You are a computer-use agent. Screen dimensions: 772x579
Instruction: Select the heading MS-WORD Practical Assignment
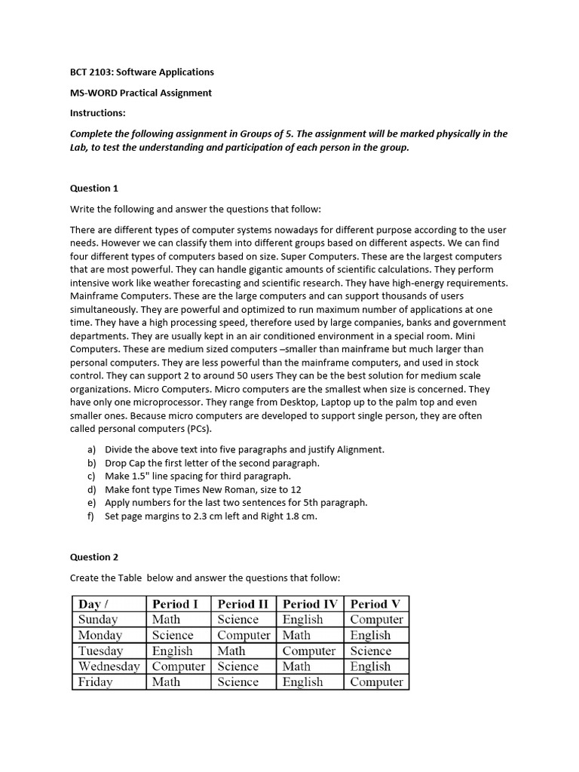pyautogui.click(x=141, y=93)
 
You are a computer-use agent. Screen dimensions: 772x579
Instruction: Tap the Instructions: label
pyautogui.click(x=98, y=113)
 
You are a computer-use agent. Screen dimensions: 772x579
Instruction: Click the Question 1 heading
pyautogui.click(x=94, y=188)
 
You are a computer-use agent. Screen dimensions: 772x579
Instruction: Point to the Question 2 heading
pyautogui.click(x=94, y=557)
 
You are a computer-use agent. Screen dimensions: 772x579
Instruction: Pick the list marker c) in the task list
pyautogui.click(x=92, y=476)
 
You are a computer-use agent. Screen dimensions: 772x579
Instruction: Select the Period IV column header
pyautogui.click(x=311, y=604)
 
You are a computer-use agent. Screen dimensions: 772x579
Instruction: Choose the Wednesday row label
pyautogui.click(x=109, y=666)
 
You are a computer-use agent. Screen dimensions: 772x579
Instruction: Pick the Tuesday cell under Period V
pyautogui.click(x=371, y=651)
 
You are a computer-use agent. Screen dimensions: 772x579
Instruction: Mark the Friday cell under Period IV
pyautogui.click(x=302, y=682)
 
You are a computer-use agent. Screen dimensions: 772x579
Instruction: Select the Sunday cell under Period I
pyautogui.click(x=166, y=620)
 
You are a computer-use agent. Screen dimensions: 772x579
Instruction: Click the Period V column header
pyautogui.click(x=375, y=604)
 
